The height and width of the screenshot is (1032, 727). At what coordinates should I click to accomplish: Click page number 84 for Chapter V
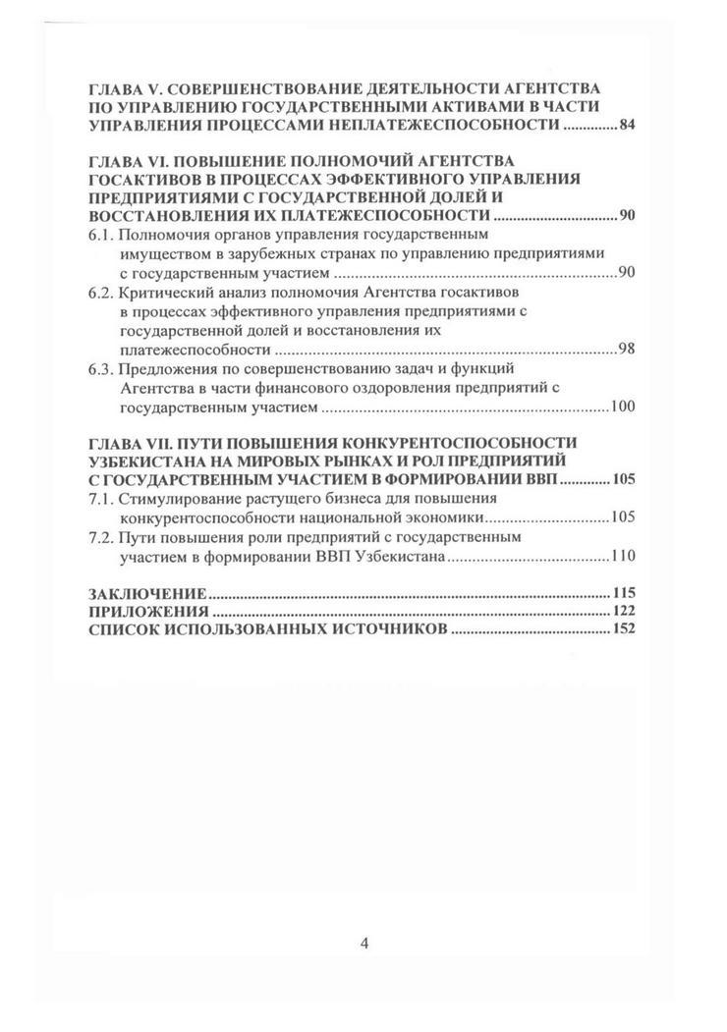tap(628, 128)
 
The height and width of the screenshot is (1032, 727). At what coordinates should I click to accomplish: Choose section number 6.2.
tap(103, 294)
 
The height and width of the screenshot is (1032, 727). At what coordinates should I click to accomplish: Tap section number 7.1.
tap(103, 500)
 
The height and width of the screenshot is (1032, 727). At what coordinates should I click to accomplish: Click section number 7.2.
tap(103, 538)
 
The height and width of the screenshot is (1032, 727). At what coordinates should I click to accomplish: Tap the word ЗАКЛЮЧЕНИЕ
tap(146, 593)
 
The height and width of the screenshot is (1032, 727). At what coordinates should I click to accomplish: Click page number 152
tap(624, 630)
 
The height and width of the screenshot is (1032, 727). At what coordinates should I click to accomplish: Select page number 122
tap(624, 612)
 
